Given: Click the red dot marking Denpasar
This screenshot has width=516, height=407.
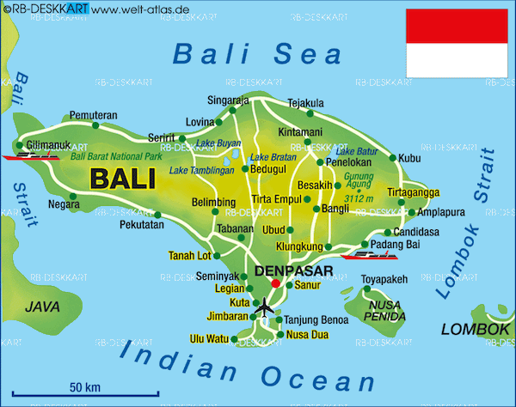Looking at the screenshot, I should (x=275, y=282).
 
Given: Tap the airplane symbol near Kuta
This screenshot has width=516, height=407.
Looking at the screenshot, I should (x=265, y=307).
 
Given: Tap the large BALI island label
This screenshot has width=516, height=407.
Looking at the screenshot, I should (x=122, y=179).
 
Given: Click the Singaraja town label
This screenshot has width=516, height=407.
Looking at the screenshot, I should (x=228, y=100).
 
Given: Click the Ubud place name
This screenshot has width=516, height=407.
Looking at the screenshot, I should (x=273, y=229).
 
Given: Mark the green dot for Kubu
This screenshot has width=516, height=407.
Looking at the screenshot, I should (x=395, y=158).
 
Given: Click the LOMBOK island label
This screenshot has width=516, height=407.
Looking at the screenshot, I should (x=475, y=329).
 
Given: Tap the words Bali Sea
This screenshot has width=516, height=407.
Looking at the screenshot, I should (x=257, y=54).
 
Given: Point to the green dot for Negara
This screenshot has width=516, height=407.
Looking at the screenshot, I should (x=73, y=197).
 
